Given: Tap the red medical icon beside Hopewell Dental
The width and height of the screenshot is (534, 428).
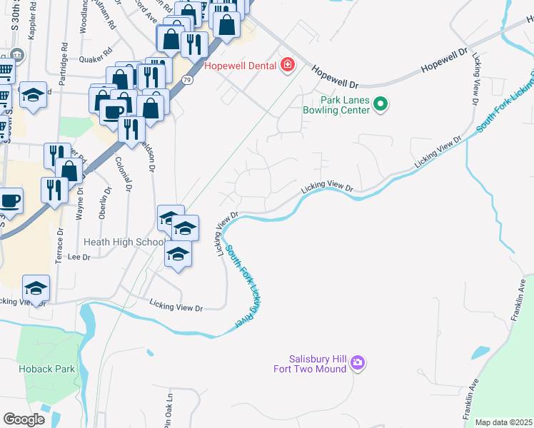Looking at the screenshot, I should [288, 66].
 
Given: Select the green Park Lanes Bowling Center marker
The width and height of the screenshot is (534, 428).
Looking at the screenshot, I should [381, 105].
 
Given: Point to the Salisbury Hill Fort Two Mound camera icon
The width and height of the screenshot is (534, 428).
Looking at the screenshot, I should [358, 364].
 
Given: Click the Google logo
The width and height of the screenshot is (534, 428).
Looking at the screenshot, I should [24, 419].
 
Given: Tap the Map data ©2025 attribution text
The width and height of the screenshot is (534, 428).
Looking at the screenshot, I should [503, 422].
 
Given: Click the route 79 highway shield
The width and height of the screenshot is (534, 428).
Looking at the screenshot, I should [186, 80].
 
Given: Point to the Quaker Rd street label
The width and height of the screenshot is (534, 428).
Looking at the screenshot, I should [96, 51].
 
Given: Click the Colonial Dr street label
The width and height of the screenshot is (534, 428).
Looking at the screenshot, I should [124, 174].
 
